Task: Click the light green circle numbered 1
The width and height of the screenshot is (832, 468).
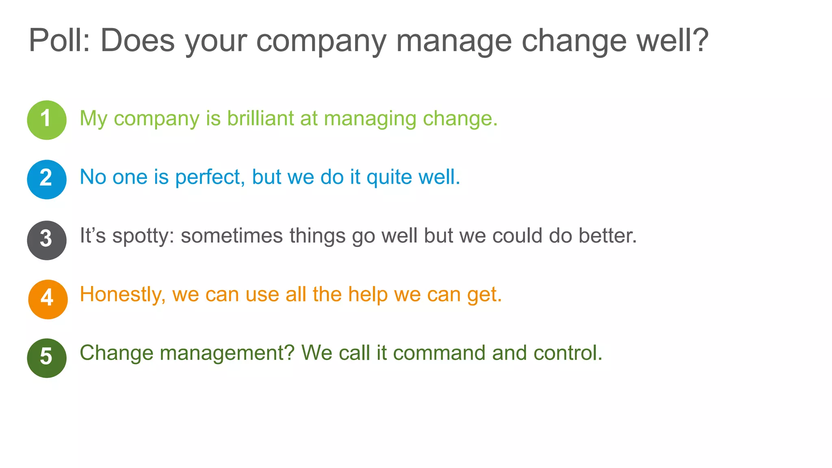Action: click(x=47, y=120)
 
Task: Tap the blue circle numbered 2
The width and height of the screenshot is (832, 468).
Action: click(x=47, y=179)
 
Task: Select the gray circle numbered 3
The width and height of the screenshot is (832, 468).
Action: click(x=47, y=240)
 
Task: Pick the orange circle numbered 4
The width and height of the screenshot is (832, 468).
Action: click(x=48, y=299)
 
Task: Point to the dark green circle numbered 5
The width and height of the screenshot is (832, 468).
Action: click(x=47, y=358)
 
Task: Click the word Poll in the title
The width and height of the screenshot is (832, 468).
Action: click(x=59, y=41)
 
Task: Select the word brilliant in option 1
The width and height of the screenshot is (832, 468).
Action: click(x=260, y=119)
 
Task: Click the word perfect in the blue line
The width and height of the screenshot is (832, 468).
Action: click(x=209, y=178)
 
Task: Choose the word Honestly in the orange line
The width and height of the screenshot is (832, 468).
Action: click(x=122, y=295)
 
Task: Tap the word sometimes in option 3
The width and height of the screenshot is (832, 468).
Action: click(x=232, y=236)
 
